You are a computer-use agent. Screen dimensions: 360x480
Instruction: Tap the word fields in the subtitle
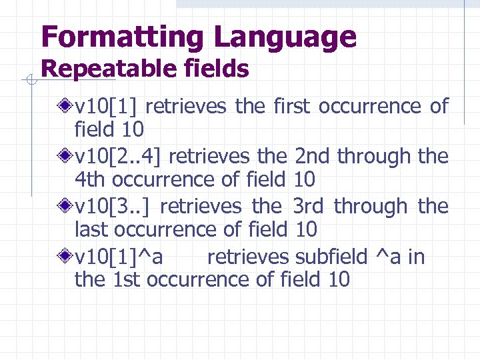click(217, 69)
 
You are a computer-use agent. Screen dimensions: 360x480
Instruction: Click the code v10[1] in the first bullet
click(106, 106)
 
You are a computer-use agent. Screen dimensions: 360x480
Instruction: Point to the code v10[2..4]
click(122, 157)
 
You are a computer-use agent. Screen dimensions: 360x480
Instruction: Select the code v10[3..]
click(114, 207)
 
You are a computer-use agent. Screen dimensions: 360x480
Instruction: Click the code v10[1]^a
click(120, 257)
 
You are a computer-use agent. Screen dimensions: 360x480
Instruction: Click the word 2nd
click(313, 157)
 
